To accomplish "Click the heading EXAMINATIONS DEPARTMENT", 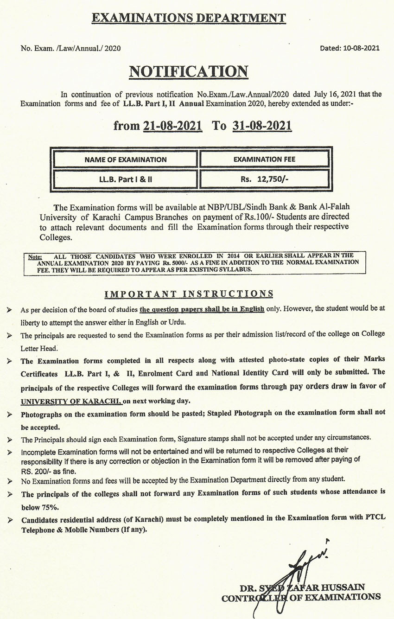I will (x=189, y=18).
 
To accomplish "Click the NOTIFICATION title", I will (x=188, y=71).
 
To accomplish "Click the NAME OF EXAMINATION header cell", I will (x=125, y=160).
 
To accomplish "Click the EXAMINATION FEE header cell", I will (x=264, y=160).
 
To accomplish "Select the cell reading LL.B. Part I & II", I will (x=125, y=179).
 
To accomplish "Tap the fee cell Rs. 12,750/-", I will (x=264, y=179).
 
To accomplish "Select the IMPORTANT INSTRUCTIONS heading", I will (x=189, y=294).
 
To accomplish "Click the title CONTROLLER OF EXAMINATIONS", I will (x=301, y=598).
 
